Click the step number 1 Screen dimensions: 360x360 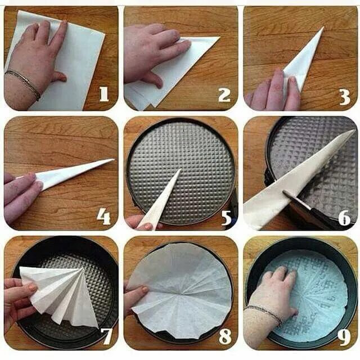coord(104,94)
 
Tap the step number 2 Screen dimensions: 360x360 coord(224,95)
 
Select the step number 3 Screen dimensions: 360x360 coord(345,97)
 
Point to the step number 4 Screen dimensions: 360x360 coord(103,217)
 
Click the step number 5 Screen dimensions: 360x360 coord(227,218)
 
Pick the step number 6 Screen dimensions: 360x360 coord(344,217)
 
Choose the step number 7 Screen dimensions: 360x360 coord(107,336)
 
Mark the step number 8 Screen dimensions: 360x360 coord(225,336)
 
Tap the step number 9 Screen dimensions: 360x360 coord(344,337)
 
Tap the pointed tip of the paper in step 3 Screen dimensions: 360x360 coord(323,27)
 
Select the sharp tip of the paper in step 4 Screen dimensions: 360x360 coord(114,159)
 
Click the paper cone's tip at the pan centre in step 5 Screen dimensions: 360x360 coord(181,169)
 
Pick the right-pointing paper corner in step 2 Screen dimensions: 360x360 coord(219,37)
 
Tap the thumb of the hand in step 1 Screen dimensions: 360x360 coord(60,76)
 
